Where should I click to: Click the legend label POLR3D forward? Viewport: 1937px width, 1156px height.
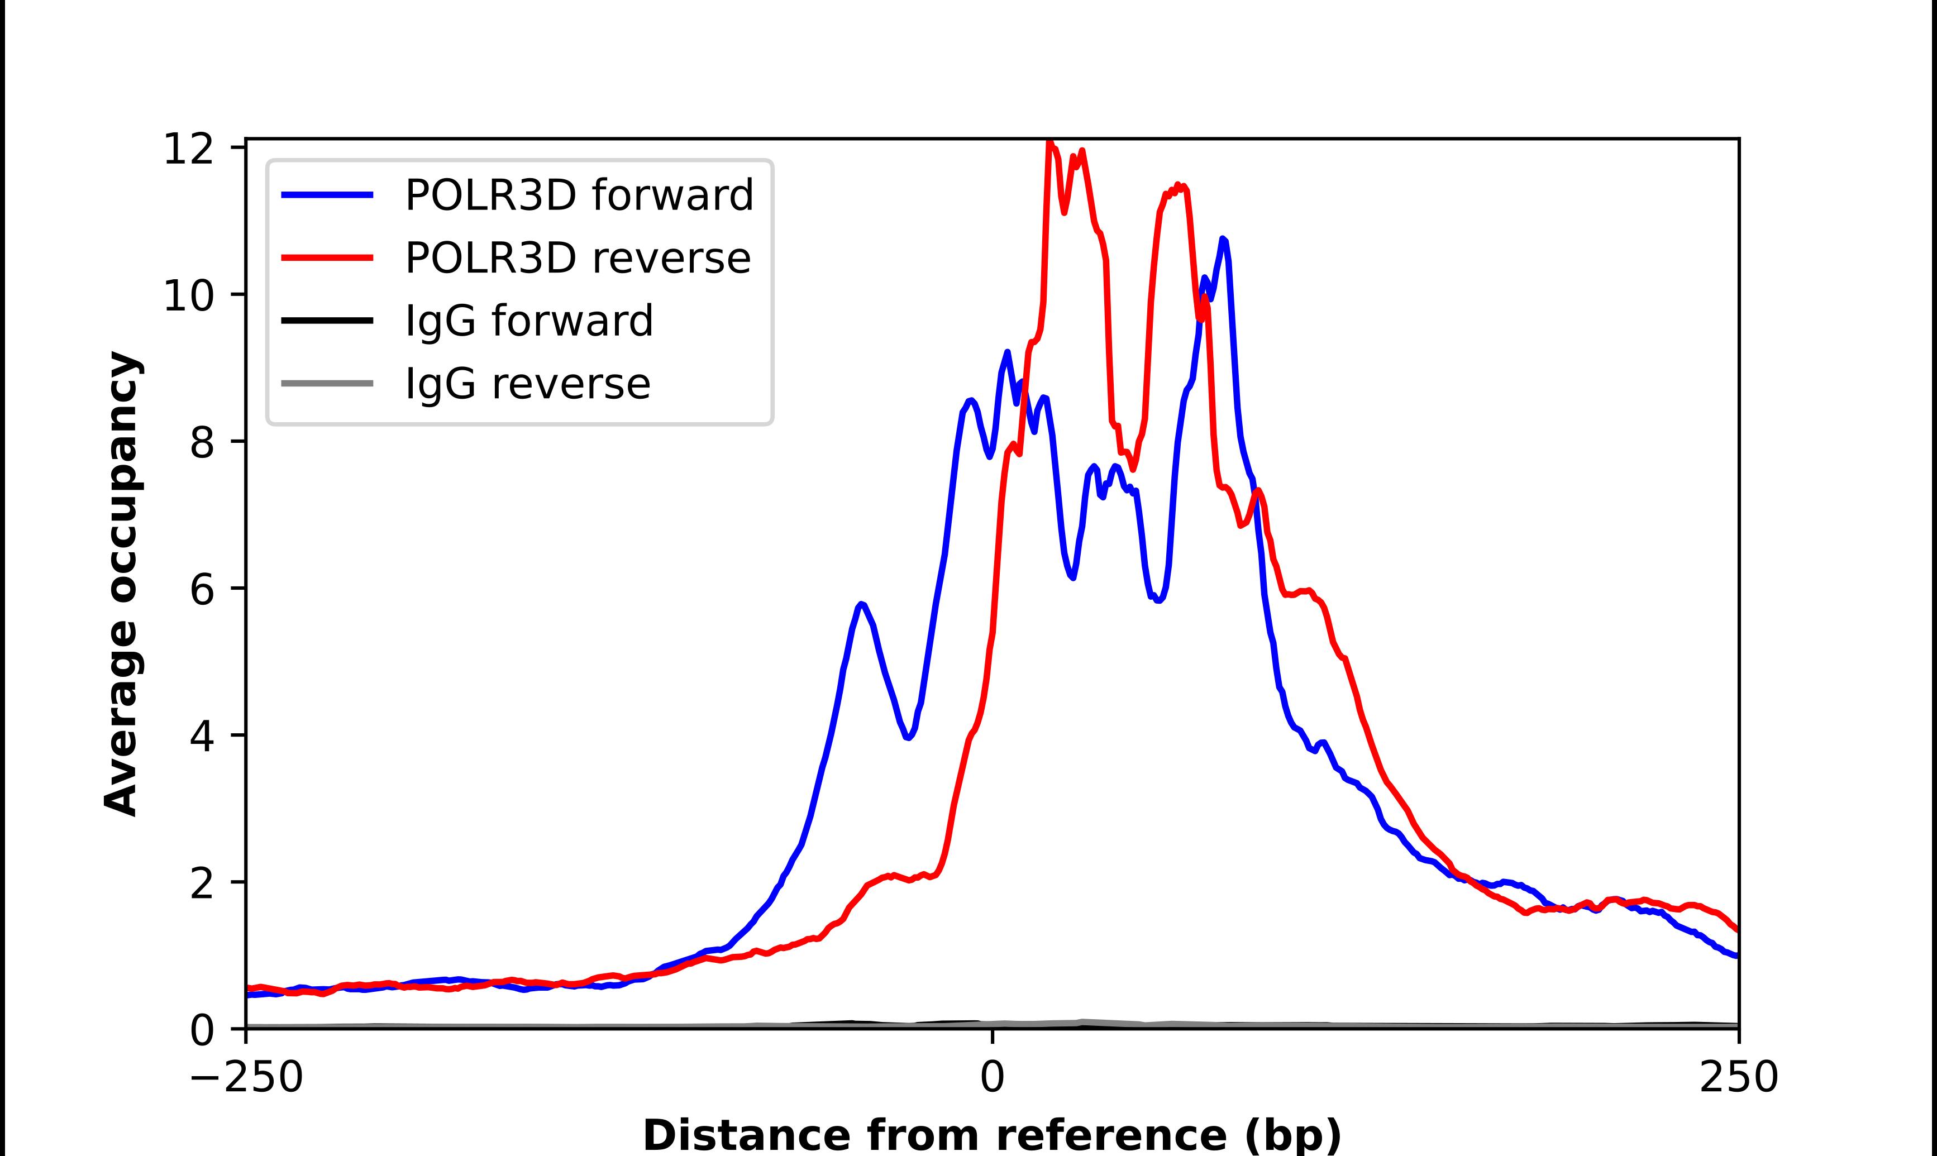pyautogui.click(x=579, y=195)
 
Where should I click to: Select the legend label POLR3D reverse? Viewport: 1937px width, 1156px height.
pyautogui.click(x=577, y=258)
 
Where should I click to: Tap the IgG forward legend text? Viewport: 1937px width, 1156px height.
pyautogui.click(x=529, y=321)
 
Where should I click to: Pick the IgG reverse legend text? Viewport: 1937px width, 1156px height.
pyautogui.click(x=527, y=384)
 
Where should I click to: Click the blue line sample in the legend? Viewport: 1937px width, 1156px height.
pyautogui.click(x=327, y=195)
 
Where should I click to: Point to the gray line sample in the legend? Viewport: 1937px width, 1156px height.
pyautogui.click(x=327, y=383)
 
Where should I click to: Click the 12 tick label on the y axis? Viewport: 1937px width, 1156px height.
pyautogui.click(x=188, y=148)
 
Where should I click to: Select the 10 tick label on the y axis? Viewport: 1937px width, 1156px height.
pyautogui.click(x=188, y=295)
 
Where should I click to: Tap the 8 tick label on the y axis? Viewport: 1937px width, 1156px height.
pyautogui.click(x=202, y=442)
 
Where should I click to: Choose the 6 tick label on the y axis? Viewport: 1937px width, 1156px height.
pyautogui.click(x=202, y=589)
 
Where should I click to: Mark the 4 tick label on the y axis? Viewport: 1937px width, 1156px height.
pyautogui.click(x=202, y=736)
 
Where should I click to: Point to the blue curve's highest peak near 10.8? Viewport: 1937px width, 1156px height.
pyautogui.click(x=1223, y=240)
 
